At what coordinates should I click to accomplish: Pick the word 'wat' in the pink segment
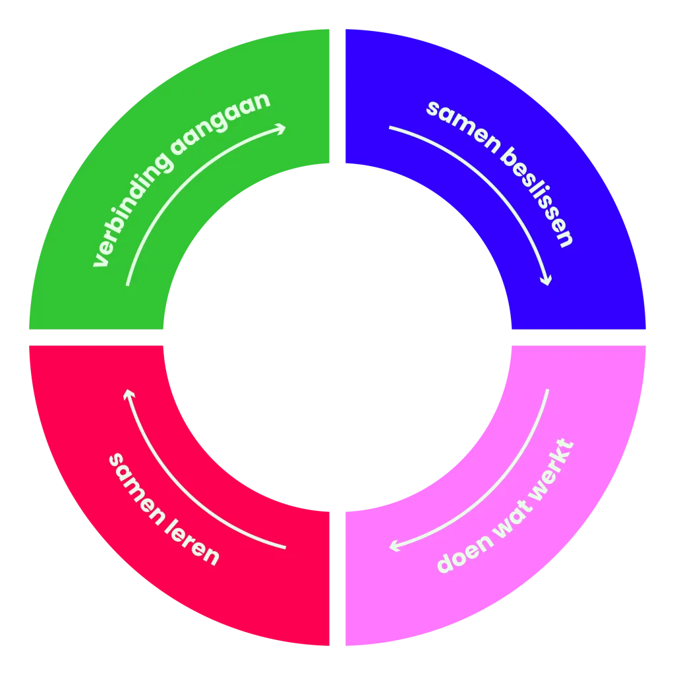click(x=514, y=517)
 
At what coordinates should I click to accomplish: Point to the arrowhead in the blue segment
click(x=546, y=281)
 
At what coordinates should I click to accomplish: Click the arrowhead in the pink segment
click(x=393, y=546)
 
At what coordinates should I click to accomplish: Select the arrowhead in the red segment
click(x=129, y=393)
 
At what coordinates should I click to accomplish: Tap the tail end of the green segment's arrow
click(x=127, y=285)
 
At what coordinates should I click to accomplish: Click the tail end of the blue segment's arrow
click(x=390, y=127)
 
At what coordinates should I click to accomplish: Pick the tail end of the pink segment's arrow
click(x=548, y=390)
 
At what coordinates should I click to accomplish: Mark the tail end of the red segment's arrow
click(x=285, y=548)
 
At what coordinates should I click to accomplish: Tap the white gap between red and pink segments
click(x=337, y=579)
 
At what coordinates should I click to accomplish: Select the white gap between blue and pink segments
click(x=579, y=337)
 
